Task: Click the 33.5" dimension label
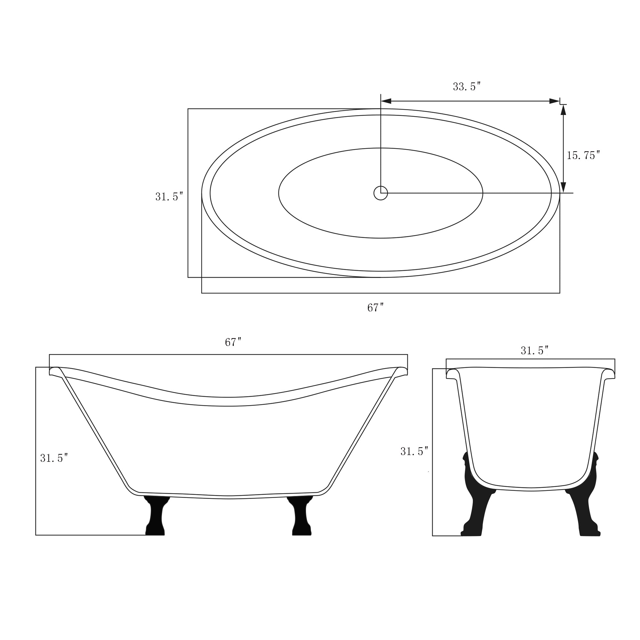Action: pyautogui.click(x=467, y=86)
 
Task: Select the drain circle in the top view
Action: pyautogui.click(x=380, y=193)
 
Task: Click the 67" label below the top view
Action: pyautogui.click(x=375, y=308)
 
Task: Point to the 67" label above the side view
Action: pyautogui.click(x=233, y=342)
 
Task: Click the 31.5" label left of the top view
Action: pyautogui.click(x=169, y=197)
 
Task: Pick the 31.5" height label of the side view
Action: pyautogui.click(x=54, y=458)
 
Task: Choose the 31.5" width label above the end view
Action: pyautogui.click(x=534, y=350)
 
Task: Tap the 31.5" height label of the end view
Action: pyautogui.click(x=414, y=451)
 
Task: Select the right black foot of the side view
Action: pyautogui.click(x=301, y=516)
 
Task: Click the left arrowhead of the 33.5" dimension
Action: pyautogui.click(x=386, y=101)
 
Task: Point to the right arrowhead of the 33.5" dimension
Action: pyautogui.click(x=554, y=101)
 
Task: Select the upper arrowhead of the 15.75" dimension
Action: pyautogui.click(x=563, y=110)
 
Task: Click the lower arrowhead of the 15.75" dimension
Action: pyautogui.click(x=563, y=187)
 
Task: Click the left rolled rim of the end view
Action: pyautogui.click(x=452, y=373)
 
